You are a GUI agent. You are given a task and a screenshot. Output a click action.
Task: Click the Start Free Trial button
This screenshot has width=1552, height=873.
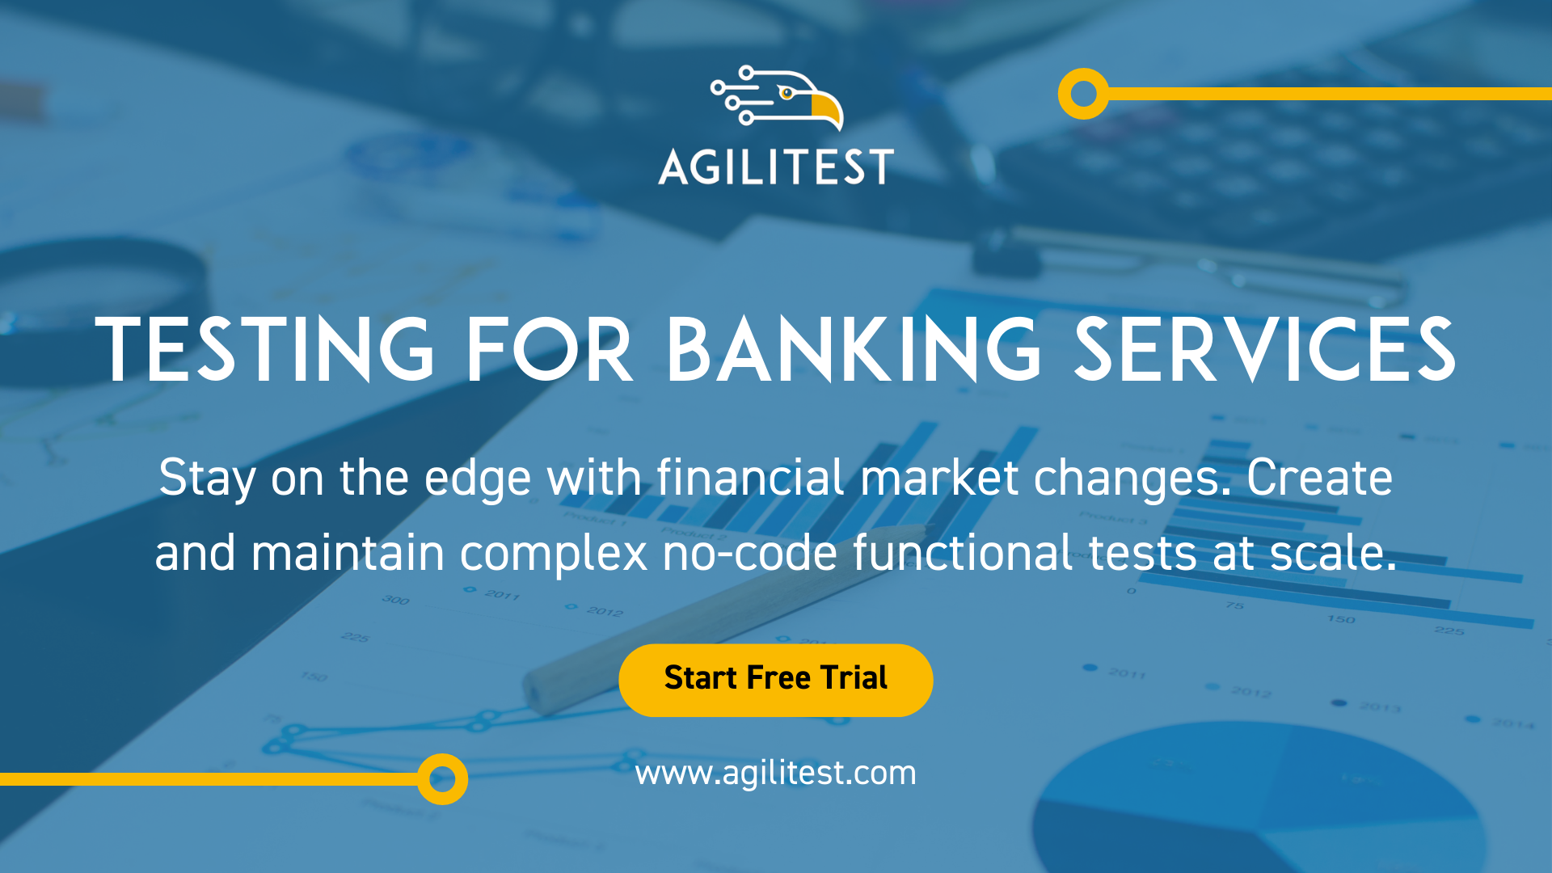tap(775, 680)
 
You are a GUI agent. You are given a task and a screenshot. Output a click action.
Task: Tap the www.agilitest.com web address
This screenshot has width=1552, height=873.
tap(775, 773)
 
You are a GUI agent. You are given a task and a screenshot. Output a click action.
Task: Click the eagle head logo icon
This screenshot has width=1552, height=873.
tap(778, 98)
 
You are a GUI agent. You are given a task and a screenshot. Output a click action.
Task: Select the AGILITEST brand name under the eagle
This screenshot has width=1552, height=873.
tap(775, 167)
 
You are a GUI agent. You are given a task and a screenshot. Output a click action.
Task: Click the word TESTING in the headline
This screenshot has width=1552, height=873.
tap(264, 349)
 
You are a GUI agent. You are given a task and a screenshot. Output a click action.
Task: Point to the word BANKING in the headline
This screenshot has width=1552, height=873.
tap(853, 349)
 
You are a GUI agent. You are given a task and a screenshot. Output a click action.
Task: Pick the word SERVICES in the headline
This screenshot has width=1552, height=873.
tap(1264, 349)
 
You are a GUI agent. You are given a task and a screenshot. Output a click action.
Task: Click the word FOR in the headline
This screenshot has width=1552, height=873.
tap(549, 349)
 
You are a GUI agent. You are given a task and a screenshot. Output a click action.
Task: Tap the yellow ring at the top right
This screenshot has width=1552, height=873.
tap(1083, 94)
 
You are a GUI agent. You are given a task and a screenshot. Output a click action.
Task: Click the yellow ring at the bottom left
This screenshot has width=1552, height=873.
tap(442, 779)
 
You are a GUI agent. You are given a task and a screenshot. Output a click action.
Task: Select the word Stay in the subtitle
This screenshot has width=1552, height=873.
tap(207, 479)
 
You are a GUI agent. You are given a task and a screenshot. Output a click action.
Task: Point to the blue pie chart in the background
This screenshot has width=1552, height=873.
tap(1261, 800)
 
